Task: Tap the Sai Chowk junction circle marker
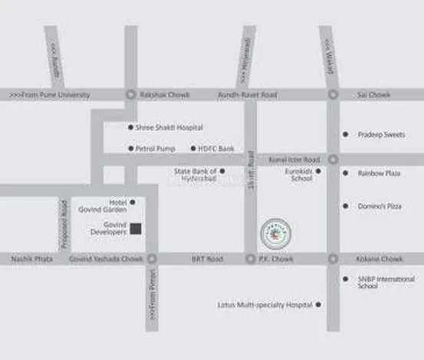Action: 333,95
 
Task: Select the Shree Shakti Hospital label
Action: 169,128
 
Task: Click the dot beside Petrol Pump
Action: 130,149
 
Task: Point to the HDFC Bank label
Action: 216,149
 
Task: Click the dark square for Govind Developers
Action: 136,228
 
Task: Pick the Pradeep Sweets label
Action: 381,135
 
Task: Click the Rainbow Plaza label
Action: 379,173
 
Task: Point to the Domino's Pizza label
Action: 379,206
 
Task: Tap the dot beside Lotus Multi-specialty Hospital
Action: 318,305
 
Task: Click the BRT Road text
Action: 207,259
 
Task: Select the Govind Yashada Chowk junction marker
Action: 151,259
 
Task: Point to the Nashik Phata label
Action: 32,259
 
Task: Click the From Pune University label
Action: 50,95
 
